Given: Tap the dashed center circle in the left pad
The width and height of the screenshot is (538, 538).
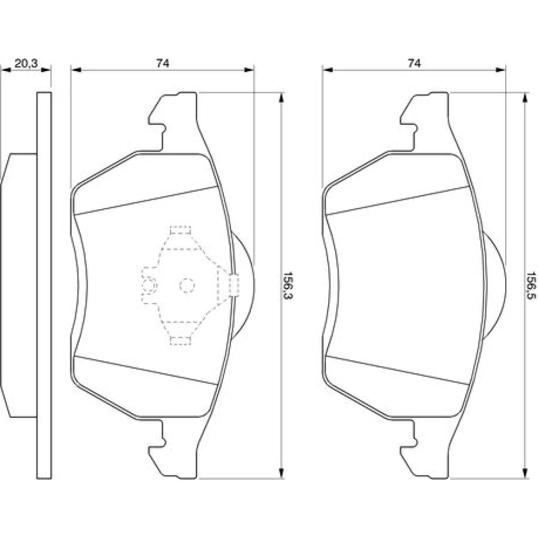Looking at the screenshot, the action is pos(187,286).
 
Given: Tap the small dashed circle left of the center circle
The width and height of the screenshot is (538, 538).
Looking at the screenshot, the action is pos(150,286).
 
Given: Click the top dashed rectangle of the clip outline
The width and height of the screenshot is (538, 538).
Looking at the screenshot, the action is pos(180,230).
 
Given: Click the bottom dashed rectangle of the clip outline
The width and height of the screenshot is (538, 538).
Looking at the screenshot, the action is pos(180,340).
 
